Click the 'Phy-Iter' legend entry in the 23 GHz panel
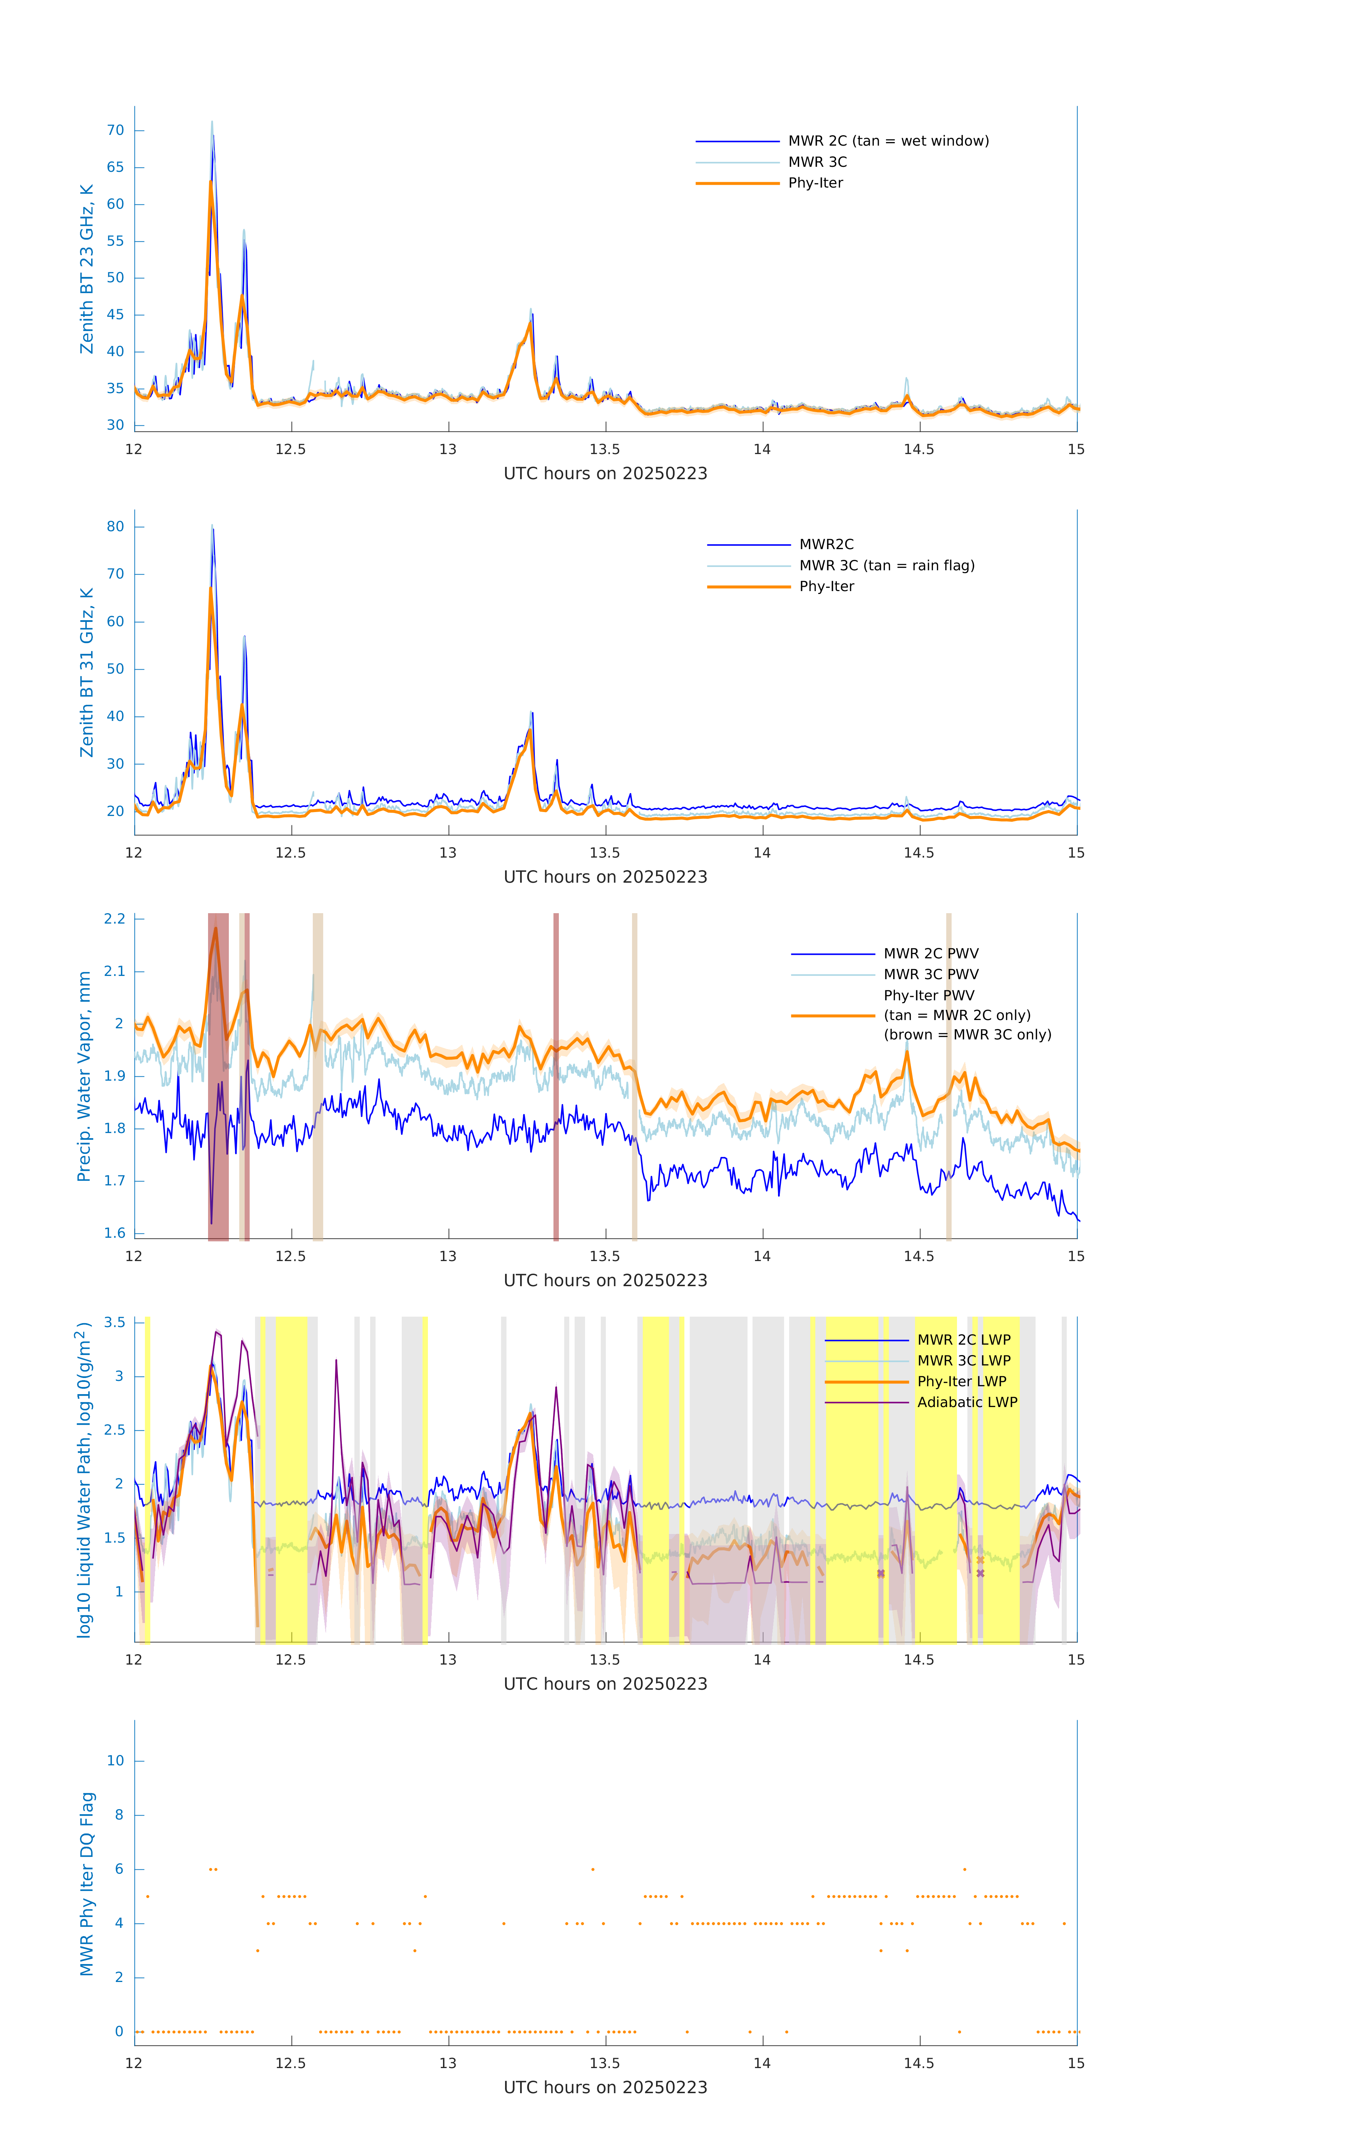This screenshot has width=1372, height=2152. pyautogui.click(x=815, y=183)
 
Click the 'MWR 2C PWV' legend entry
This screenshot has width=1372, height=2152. pyautogui.click(x=930, y=954)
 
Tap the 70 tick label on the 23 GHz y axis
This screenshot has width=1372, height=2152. pyautogui.click(x=115, y=131)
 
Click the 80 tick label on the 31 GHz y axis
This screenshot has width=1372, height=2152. pyautogui.click(x=115, y=527)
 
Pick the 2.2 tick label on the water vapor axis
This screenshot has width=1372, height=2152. pyautogui.click(x=114, y=919)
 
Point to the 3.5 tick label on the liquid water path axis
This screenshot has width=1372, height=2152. pyautogui.click(x=114, y=1323)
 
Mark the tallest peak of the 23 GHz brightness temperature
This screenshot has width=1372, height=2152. pyautogui.click(x=212, y=122)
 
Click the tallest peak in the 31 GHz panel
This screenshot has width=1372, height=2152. pyautogui.click(x=212, y=525)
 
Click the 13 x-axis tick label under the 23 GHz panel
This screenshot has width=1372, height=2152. pyautogui.click(x=448, y=449)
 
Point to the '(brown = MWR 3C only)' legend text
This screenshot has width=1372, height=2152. pyautogui.click(x=967, y=1035)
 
